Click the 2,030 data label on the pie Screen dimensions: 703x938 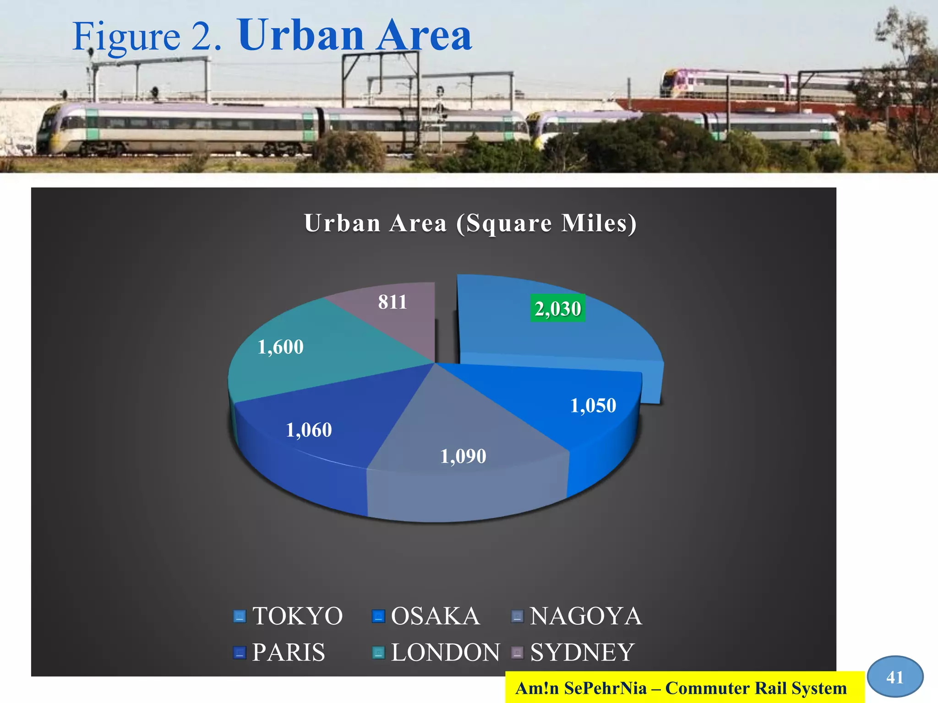558,308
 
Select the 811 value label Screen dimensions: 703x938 393,302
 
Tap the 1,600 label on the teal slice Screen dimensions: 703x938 280,347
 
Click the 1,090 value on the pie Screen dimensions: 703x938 463,456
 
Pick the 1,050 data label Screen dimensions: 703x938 593,406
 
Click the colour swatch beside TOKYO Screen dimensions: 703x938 240,616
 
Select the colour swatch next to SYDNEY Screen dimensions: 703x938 517,653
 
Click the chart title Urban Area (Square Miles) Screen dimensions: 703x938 470,223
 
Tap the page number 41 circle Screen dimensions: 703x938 895,677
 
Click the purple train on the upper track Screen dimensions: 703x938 733,84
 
